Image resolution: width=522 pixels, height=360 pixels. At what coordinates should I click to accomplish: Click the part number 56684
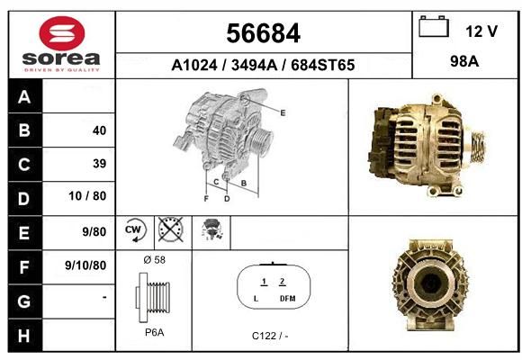coord(263,33)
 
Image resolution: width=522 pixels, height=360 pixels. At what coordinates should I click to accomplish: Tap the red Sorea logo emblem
coord(62,33)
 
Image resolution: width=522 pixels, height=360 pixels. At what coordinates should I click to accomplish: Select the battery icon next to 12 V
coord(434,26)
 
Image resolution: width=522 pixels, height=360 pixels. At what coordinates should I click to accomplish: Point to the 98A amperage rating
coord(464,61)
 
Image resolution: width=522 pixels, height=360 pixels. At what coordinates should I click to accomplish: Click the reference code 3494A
coord(254,65)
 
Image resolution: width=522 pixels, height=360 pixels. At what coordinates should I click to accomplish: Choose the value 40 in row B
coord(100,130)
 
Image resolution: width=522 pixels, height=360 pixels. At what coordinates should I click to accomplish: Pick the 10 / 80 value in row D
coord(87,196)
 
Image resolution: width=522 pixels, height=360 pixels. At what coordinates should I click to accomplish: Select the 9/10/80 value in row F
coord(85,265)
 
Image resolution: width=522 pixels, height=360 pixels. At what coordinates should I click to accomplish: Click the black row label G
coord(25,301)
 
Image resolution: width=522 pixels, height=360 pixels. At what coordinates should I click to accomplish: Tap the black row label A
coord(25,96)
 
